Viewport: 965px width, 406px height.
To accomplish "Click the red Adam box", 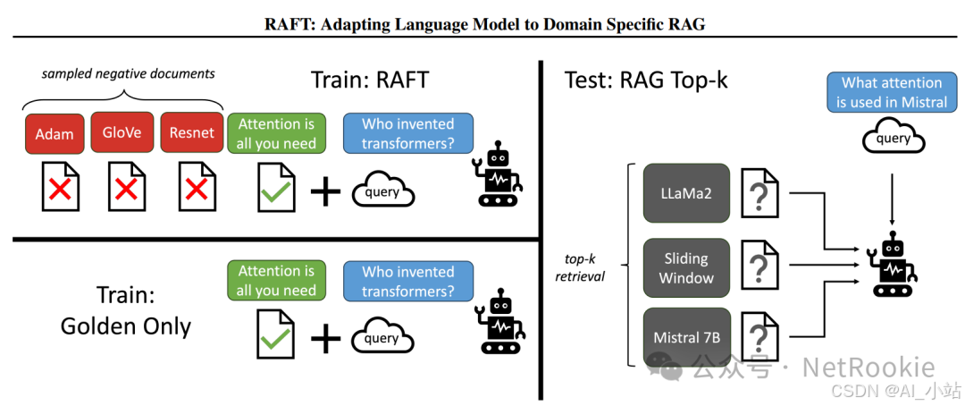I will (x=55, y=133).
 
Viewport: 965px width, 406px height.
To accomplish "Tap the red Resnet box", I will (x=191, y=133).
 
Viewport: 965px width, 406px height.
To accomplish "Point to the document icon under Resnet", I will (x=197, y=187).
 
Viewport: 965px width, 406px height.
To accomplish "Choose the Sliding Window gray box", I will (x=686, y=267).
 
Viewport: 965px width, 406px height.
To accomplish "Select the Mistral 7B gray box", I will (x=686, y=337).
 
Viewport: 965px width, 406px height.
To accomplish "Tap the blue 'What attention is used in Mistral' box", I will (x=891, y=92).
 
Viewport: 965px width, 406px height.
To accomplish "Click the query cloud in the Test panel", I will (x=893, y=140).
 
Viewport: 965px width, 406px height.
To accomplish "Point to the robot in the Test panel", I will (x=894, y=265).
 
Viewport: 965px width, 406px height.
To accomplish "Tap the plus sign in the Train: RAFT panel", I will (x=326, y=190).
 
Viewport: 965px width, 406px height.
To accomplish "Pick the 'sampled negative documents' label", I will (x=129, y=73).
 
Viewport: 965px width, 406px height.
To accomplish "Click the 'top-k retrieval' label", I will (x=580, y=267).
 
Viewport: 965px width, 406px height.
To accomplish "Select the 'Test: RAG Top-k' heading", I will (x=646, y=80).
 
